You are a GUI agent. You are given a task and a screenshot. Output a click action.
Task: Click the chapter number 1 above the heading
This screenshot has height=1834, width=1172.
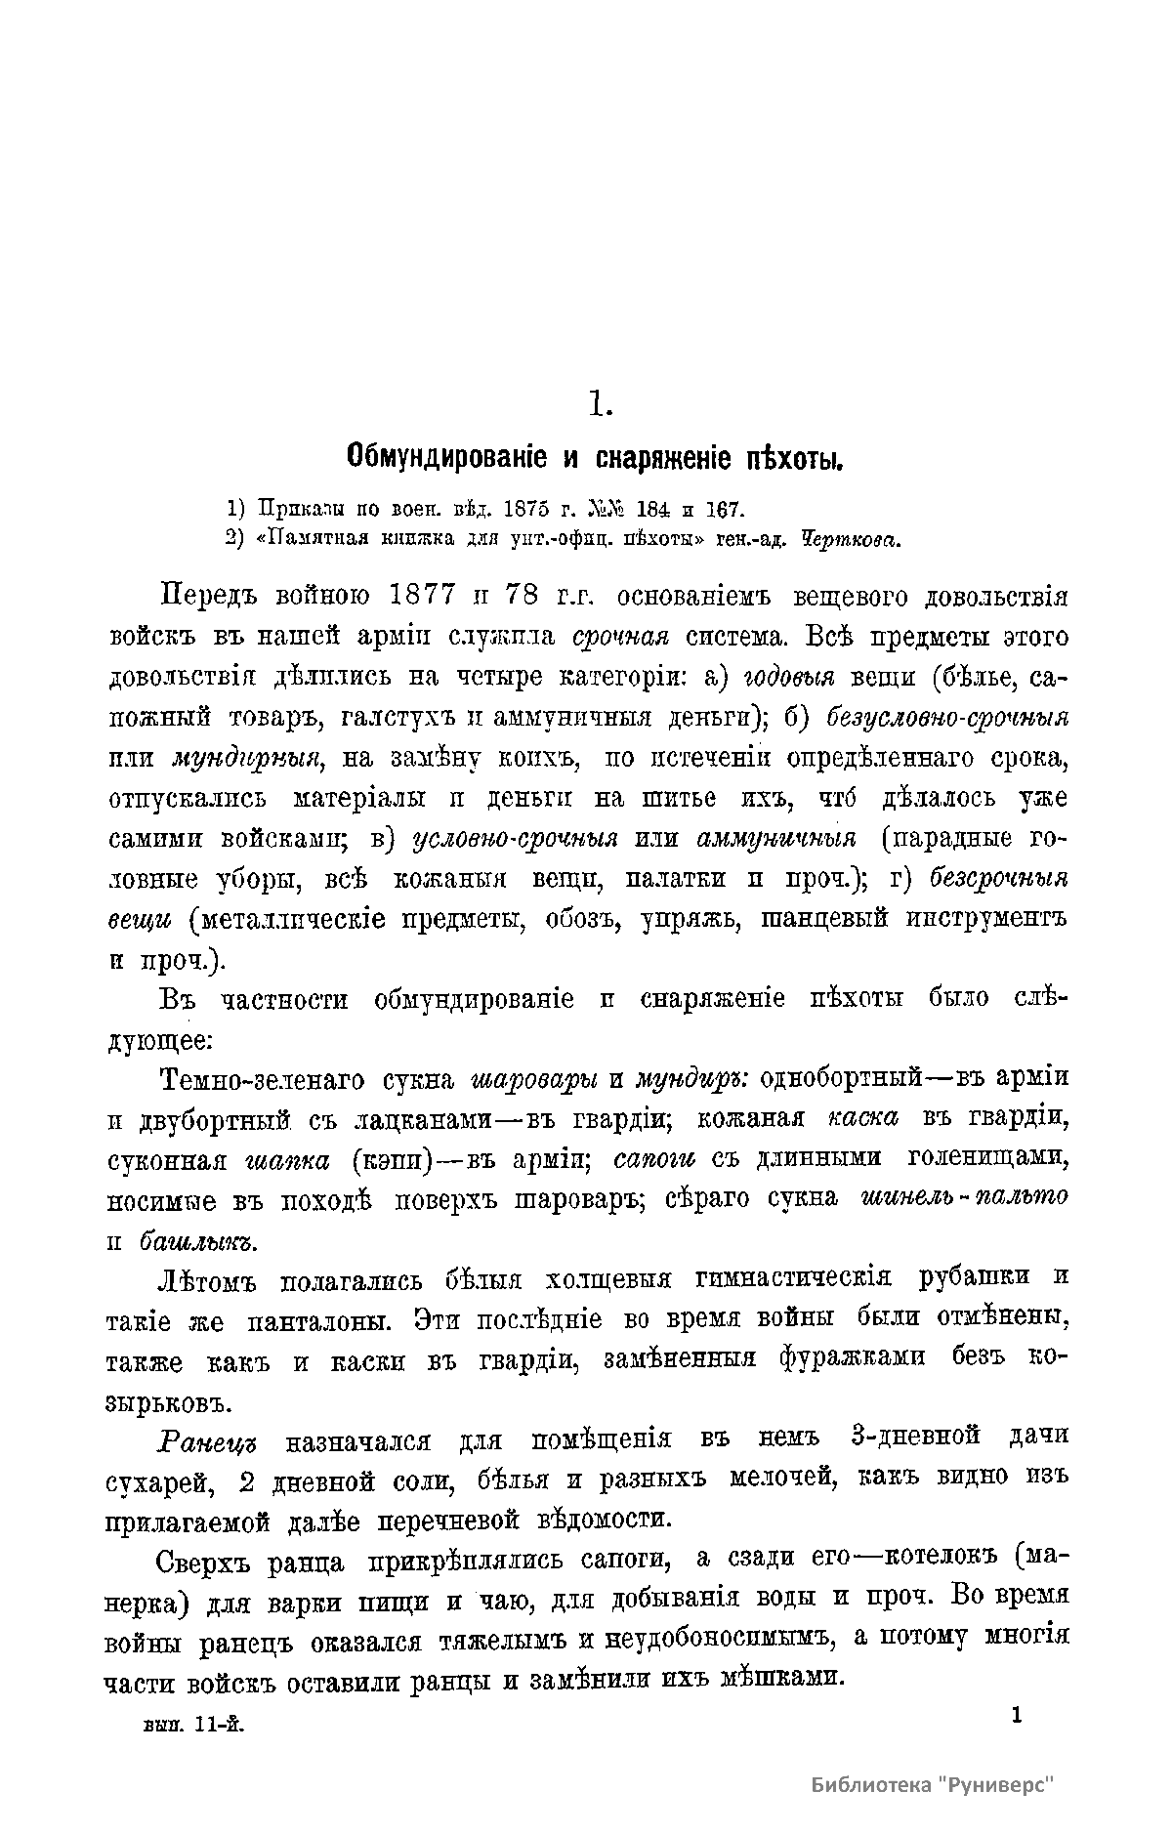600,402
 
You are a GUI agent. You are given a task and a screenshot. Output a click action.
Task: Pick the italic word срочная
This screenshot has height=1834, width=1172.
620,637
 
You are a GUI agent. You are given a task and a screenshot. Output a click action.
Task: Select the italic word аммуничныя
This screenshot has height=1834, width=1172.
777,839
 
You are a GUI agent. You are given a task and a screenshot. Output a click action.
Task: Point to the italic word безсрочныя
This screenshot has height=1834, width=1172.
997,878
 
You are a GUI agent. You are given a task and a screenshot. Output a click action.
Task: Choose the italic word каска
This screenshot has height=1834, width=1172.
862,1119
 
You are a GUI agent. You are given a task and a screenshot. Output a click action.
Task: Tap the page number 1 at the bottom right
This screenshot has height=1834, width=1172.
1017,1715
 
